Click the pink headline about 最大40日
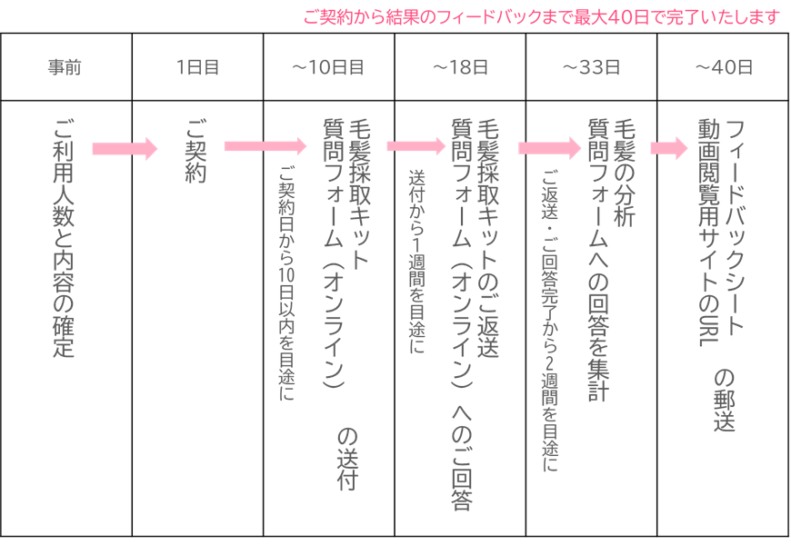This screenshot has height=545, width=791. [541, 16]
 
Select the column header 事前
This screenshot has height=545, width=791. [65, 67]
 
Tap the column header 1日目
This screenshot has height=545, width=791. [197, 67]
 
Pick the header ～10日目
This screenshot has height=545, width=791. [328, 67]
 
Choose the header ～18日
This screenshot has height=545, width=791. [460, 67]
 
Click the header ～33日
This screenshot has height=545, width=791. [591, 67]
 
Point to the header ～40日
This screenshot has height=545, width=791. [724, 67]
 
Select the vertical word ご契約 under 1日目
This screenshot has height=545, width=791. [196, 151]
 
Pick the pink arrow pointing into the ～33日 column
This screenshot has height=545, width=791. [548, 147]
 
